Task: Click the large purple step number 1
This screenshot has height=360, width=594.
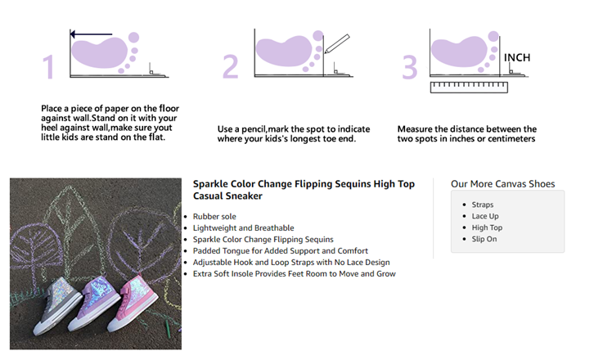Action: tap(48, 67)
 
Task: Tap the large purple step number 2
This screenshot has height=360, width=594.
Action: tap(231, 66)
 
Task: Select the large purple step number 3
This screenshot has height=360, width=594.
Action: tap(410, 67)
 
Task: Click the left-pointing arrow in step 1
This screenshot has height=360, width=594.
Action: tap(92, 34)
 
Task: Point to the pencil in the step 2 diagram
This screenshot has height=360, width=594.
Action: tap(337, 43)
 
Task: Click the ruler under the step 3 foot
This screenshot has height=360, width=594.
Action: tap(469, 88)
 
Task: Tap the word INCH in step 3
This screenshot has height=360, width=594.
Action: tap(517, 57)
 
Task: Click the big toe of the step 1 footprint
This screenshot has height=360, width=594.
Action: tap(133, 38)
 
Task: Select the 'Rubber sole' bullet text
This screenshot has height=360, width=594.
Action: tap(214, 216)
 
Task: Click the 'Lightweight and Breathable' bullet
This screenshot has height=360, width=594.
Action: tap(243, 227)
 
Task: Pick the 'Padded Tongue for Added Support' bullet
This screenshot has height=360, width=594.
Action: tap(281, 251)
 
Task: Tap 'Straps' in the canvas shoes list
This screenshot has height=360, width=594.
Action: tap(482, 205)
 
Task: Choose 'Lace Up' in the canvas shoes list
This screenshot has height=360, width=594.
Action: tap(485, 216)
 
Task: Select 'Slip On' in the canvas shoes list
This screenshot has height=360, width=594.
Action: tap(484, 239)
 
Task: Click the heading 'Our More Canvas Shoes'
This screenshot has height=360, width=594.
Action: tap(502, 184)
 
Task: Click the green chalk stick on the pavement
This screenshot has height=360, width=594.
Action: tap(168, 329)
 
